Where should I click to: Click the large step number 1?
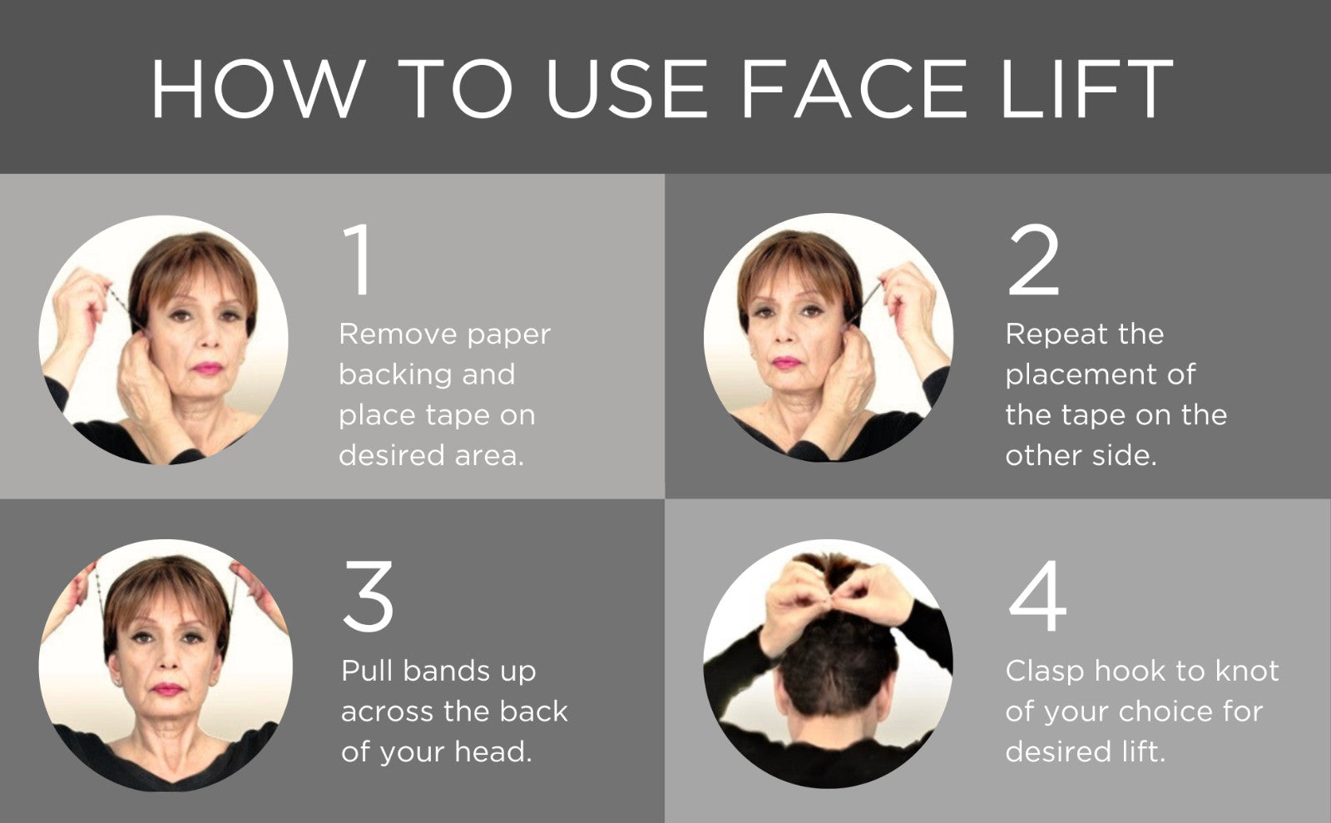359,260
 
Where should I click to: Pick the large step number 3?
368,596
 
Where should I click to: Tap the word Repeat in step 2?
1055,335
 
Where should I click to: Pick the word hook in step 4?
1129,671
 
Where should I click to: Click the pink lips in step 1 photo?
207,368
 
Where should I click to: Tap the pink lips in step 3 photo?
167,689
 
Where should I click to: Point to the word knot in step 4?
1246,671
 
